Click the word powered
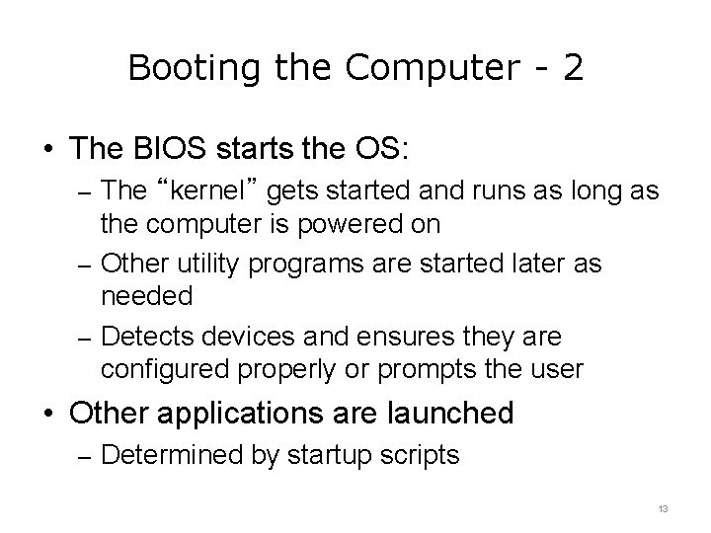(356, 224)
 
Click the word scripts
(426, 455)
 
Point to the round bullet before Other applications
(50, 413)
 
